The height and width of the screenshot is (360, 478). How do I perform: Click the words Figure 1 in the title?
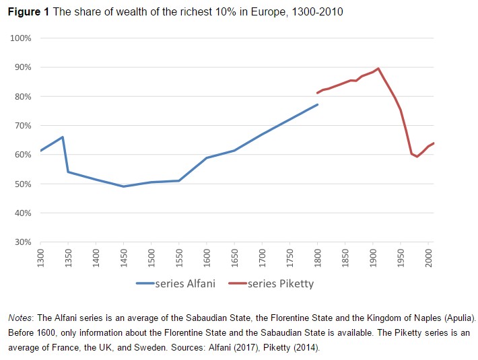28,13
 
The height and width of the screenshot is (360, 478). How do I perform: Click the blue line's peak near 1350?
63,137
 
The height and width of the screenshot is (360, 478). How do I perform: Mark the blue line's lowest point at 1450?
123,186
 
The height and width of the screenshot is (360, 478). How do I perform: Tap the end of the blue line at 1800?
317,104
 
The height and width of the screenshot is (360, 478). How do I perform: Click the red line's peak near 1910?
378,68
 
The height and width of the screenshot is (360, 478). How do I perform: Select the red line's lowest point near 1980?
417,157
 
